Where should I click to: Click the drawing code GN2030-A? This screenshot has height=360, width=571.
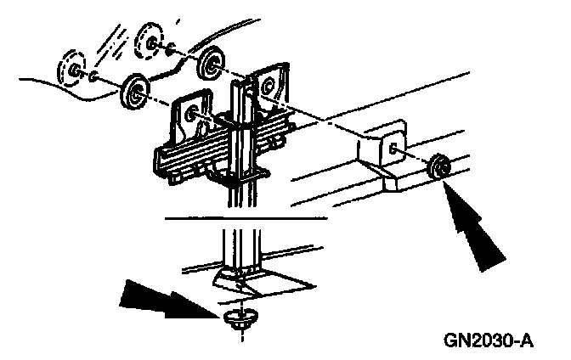tap(488, 341)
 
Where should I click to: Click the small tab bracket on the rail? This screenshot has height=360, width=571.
tap(387, 149)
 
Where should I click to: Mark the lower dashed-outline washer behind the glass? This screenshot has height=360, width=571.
tap(73, 69)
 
